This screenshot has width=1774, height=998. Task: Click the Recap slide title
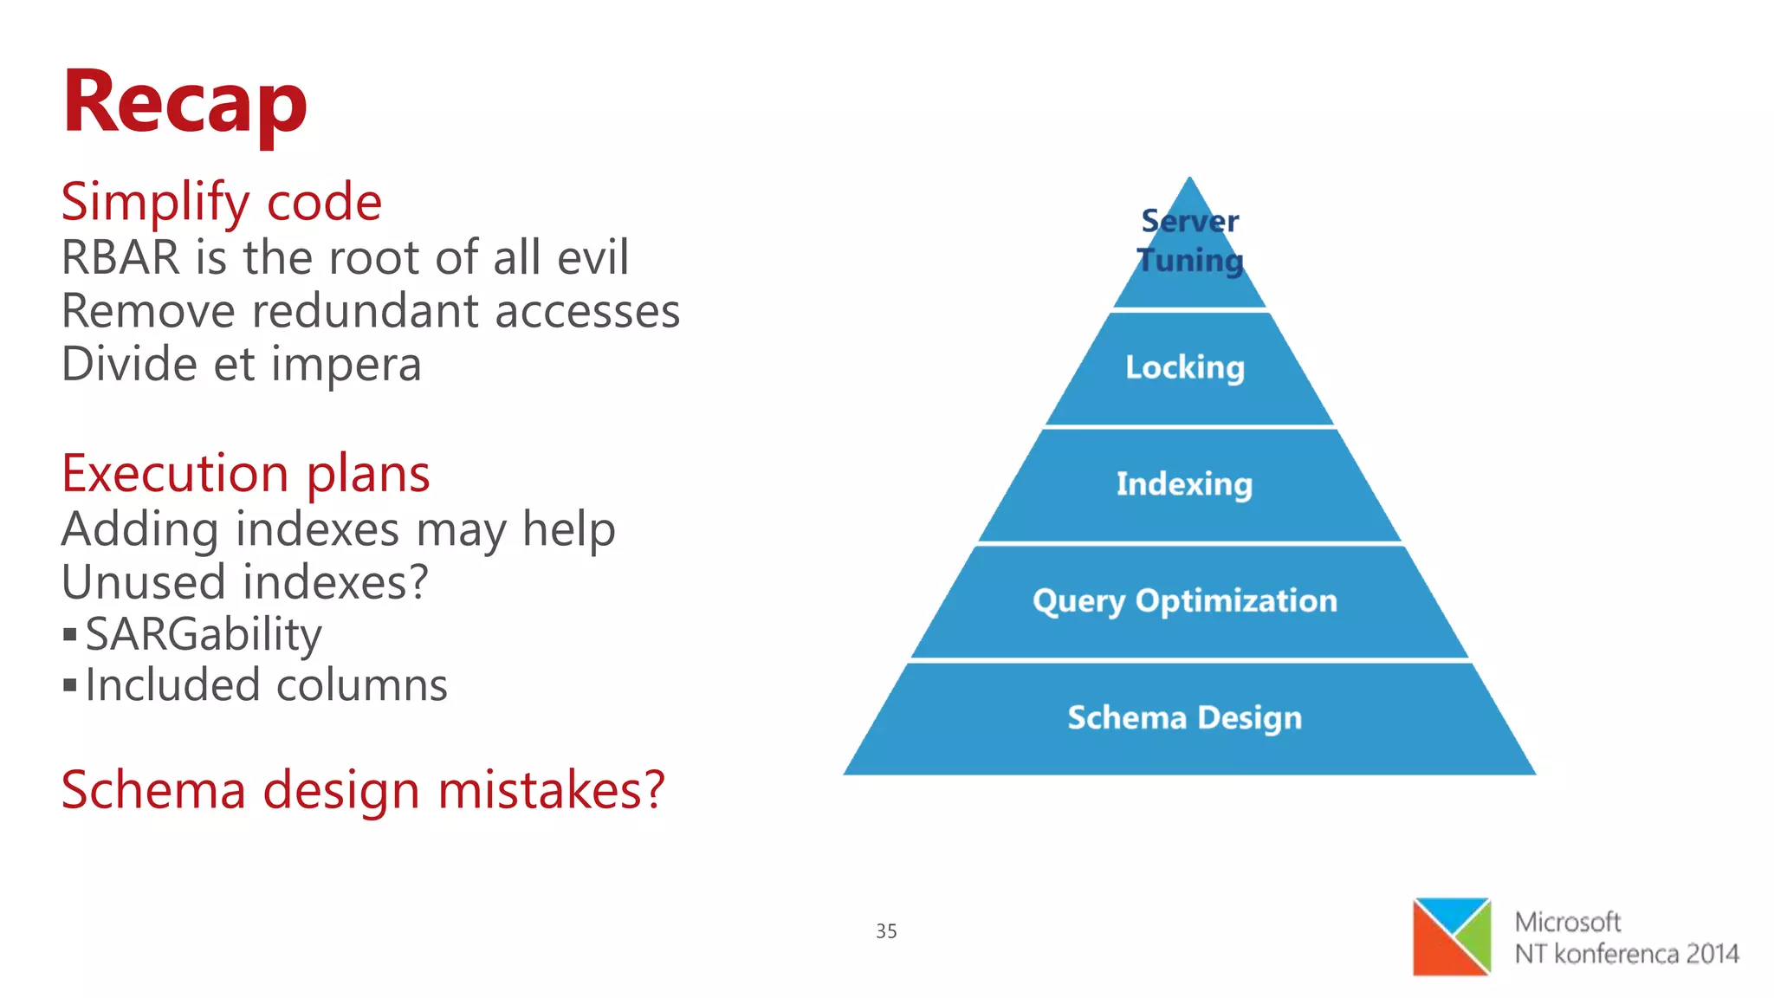pos(185,102)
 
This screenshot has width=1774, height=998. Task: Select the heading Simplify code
pos(221,202)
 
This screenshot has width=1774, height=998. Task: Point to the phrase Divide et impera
pos(241,364)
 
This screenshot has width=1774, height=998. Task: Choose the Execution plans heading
pos(245,474)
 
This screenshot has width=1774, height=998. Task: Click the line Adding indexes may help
pos(338,528)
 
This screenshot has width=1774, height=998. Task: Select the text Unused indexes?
pos(244,581)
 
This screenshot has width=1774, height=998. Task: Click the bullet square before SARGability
pos(70,635)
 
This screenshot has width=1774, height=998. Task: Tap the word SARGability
pos(204,634)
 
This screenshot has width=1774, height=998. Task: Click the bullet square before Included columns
pos(70,686)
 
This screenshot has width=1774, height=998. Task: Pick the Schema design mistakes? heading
pos(362,790)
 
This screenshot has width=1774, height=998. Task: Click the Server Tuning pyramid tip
pos(1189,241)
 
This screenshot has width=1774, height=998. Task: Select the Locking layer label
pos(1185,367)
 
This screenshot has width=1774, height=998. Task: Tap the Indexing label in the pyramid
pos(1184,484)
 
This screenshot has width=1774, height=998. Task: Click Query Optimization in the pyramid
pos(1184,600)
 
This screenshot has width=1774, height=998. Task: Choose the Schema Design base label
pos(1184,717)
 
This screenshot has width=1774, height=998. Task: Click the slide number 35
pos(886,931)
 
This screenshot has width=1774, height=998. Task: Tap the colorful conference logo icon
pos(1452,936)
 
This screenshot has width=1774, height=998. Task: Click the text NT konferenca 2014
pos(1626,954)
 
